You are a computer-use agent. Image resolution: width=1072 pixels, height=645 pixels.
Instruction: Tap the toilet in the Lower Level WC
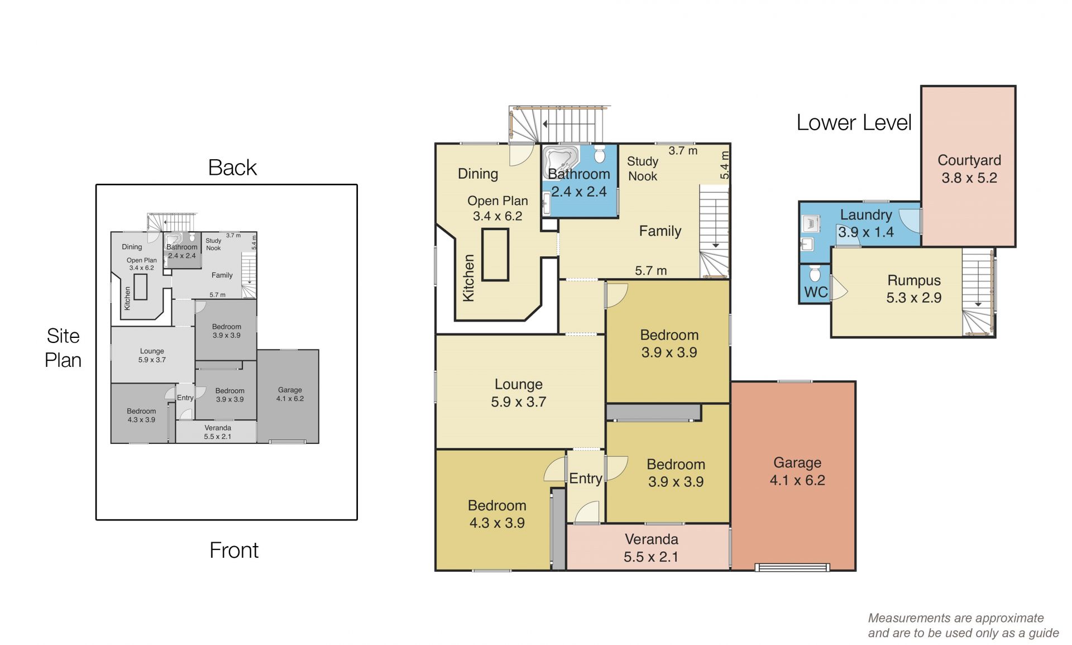click(x=815, y=274)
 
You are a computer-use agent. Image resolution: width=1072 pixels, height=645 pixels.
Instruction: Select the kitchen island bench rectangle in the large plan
click(x=495, y=255)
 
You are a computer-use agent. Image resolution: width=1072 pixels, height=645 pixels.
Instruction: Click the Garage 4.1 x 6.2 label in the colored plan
click(x=797, y=471)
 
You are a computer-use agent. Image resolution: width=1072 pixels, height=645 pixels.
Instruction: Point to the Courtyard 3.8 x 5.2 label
click(x=969, y=169)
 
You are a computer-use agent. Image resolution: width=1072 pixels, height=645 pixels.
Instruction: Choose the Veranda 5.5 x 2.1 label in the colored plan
click(x=651, y=548)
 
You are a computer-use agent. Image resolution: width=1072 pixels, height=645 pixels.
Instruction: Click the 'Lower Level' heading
click(x=854, y=122)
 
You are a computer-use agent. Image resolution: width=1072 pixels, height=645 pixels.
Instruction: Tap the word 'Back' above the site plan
click(x=232, y=168)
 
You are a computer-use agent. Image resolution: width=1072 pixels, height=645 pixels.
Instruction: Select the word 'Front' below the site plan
click(x=234, y=551)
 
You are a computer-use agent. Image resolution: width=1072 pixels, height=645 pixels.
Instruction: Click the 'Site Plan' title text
click(x=63, y=348)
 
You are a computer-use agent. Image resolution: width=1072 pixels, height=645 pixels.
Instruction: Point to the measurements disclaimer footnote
click(x=963, y=625)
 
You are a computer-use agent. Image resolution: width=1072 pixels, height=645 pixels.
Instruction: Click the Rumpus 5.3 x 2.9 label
click(x=914, y=289)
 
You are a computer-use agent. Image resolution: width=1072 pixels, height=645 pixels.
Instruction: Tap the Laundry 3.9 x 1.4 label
click(x=866, y=223)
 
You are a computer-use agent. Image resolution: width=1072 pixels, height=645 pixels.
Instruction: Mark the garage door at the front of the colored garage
click(x=792, y=568)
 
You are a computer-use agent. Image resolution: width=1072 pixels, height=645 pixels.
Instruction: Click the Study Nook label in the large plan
click(x=643, y=169)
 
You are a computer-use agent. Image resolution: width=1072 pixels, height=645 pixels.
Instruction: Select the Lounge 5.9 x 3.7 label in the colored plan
click(x=518, y=393)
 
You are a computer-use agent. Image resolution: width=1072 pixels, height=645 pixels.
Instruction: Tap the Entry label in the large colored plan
click(x=586, y=479)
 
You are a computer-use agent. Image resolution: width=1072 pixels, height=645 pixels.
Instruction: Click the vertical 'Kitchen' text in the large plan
click(x=468, y=278)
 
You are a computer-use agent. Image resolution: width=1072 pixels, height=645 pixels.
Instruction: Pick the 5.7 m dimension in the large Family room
click(x=651, y=271)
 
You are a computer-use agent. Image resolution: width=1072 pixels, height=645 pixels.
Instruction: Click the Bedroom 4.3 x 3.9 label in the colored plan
click(x=497, y=514)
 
